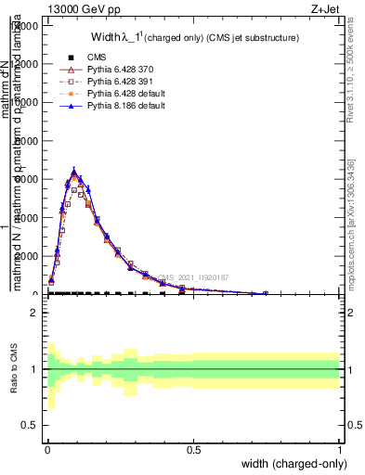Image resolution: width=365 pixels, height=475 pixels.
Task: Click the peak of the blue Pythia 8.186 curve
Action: [74, 171]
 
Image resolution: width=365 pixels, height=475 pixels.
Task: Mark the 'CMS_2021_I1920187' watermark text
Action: [192, 276]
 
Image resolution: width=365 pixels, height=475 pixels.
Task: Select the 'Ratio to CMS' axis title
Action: [14, 369]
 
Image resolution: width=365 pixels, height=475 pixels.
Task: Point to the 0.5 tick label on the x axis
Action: [193, 449]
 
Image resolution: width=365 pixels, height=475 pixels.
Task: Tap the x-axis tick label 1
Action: [340, 449]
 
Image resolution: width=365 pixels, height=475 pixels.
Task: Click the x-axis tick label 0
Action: [46, 449]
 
